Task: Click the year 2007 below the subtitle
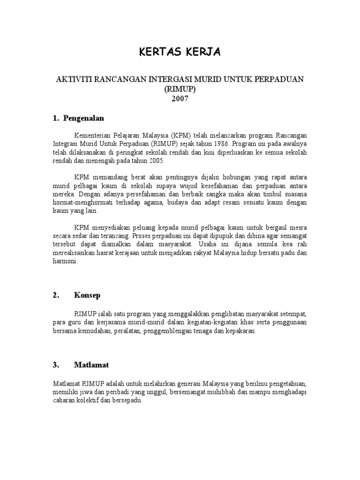click(x=180, y=98)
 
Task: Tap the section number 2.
click(x=56, y=295)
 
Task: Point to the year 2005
click(x=155, y=161)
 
